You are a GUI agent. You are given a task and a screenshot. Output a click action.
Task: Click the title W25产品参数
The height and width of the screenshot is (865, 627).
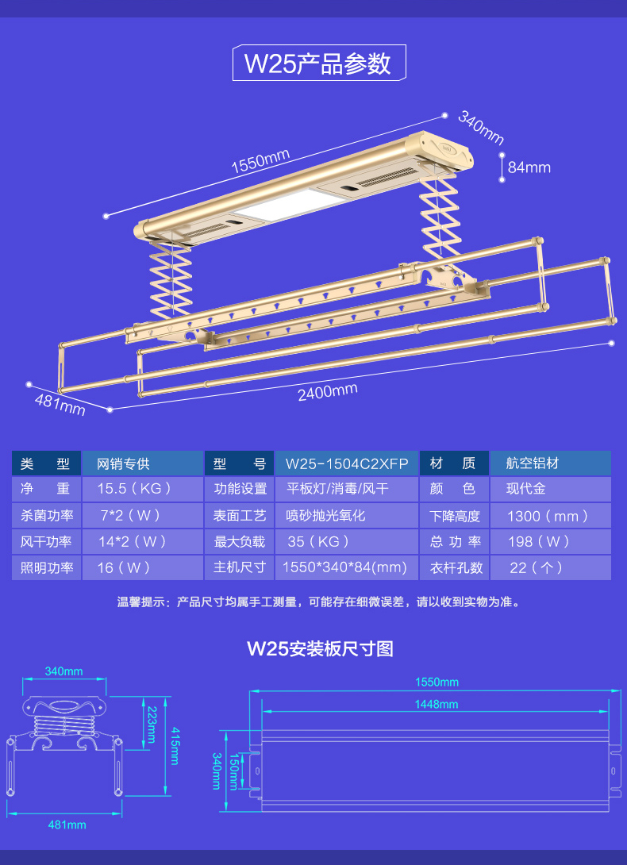[x=318, y=63]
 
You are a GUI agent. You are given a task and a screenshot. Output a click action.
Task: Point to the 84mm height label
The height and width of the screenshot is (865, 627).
[x=529, y=167]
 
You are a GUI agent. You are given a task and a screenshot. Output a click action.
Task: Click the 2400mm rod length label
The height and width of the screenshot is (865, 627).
[x=327, y=391]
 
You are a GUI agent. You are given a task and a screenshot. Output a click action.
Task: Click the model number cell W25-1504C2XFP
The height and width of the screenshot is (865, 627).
[x=347, y=463]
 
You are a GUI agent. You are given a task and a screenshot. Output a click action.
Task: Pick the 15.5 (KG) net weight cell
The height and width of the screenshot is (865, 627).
[x=134, y=489]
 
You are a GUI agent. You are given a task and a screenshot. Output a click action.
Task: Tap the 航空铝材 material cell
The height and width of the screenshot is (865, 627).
[x=533, y=463]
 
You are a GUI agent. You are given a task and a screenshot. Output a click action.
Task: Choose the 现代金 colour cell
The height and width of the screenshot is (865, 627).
[x=526, y=489]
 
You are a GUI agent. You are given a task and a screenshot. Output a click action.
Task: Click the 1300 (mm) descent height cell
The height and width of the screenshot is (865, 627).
[x=548, y=516]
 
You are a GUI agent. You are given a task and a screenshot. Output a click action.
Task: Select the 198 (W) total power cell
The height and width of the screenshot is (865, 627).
[x=539, y=542]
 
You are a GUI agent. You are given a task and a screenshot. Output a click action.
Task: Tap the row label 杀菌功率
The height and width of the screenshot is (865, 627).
[x=47, y=516]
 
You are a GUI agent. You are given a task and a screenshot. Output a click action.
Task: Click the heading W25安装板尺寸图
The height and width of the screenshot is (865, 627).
[x=320, y=648]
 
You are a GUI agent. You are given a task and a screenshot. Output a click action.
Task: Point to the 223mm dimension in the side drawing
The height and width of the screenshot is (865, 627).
[x=151, y=721]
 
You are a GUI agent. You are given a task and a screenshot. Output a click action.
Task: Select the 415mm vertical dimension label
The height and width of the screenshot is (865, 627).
[x=175, y=746]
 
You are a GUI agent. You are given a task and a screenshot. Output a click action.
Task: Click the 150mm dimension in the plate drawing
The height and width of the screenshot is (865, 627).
[x=233, y=769]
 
